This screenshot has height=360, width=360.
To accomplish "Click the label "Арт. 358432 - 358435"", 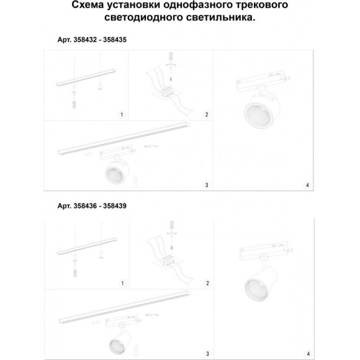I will pyautogui.click(x=92, y=39).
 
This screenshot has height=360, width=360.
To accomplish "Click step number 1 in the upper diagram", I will pyautogui.click(x=122, y=115).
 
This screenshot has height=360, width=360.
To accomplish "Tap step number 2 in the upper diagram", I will pyautogui.click(x=207, y=115).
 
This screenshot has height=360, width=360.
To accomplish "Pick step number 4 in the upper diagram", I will pyautogui.click(x=307, y=185).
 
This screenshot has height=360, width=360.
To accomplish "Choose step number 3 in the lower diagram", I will pyautogui.click(x=207, y=354).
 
